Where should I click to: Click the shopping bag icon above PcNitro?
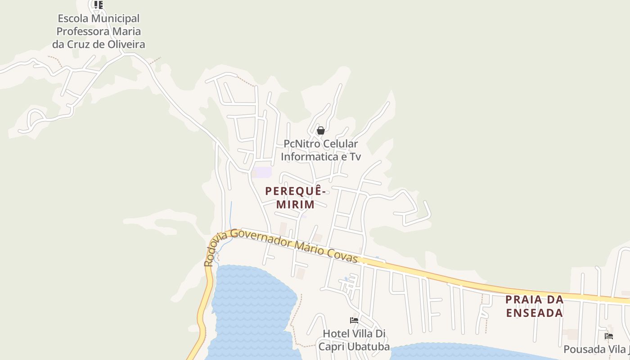[321, 131]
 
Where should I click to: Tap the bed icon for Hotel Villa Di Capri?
[354, 320]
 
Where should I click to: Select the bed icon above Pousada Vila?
[609, 336]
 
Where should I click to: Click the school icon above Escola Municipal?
[99, 5]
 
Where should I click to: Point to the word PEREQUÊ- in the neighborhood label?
[295, 191]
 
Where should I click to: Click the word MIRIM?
[295, 204]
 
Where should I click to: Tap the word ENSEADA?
[535, 313]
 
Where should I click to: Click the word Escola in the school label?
[73, 18]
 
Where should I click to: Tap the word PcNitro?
[301, 144]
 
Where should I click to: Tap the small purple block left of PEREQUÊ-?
[262, 172]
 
